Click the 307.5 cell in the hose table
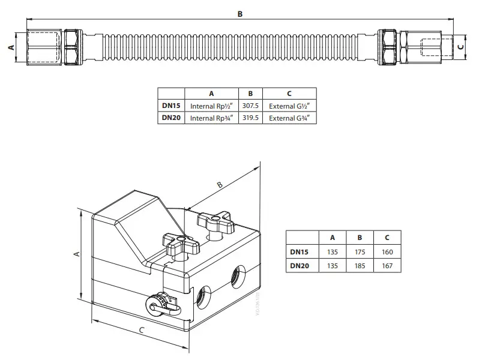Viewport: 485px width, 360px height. [x=250, y=106]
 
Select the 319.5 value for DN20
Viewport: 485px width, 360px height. [x=250, y=118]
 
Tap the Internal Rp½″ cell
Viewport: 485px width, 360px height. [x=211, y=106]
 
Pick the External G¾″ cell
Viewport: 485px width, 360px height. [x=289, y=118]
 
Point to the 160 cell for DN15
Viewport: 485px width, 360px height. [x=387, y=252]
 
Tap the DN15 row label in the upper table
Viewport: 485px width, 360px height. [x=171, y=106]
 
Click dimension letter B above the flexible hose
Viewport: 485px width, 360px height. [x=240, y=14]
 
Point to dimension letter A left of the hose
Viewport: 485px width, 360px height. [x=10, y=47]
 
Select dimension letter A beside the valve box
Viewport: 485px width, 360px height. [x=76, y=254]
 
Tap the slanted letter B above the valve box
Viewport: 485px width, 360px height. [x=220, y=185]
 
